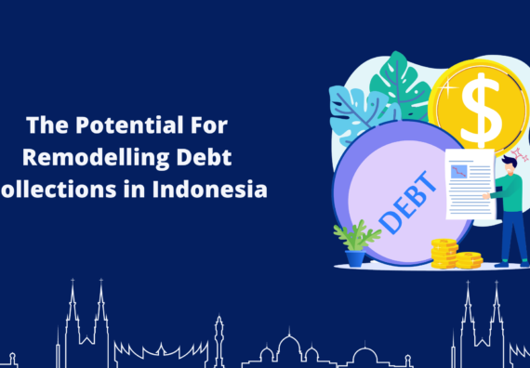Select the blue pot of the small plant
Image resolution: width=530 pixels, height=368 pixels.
click(x=355, y=259)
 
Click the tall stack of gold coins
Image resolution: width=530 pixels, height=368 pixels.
click(x=444, y=254)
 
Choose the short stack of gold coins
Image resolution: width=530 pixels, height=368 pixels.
click(x=469, y=260)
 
